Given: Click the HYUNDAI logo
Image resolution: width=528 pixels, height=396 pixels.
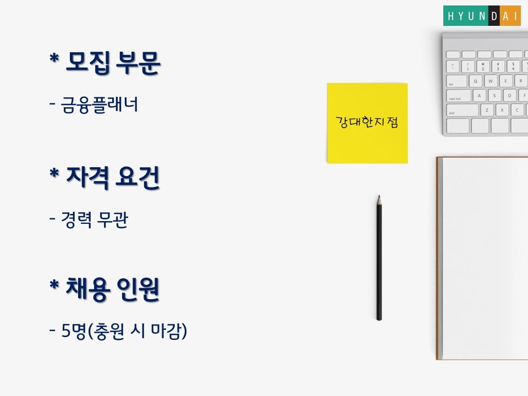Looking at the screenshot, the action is pyautogui.click(x=482, y=15).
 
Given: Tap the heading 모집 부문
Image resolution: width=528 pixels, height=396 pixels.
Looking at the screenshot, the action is pyautogui.click(x=113, y=63).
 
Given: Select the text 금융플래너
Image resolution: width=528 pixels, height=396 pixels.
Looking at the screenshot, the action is pyautogui.click(x=100, y=105).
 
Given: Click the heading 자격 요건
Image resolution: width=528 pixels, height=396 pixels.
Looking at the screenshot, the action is pyautogui.click(x=113, y=178).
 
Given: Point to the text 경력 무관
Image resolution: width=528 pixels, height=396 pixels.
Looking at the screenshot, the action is pyautogui.click(x=95, y=220).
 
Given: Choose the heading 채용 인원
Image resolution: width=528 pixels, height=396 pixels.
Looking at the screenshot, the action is pyautogui.click(x=113, y=289).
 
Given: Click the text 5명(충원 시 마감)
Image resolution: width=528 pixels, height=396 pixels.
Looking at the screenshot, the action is pyautogui.click(x=124, y=331).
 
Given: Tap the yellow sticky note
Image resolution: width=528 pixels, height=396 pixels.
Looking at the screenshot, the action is pyautogui.click(x=367, y=123).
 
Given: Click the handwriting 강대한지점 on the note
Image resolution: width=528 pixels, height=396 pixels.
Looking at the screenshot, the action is pyautogui.click(x=367, y=122).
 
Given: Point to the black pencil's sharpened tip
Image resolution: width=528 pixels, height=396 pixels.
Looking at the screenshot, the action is pyautogui.click(x=379, y=196).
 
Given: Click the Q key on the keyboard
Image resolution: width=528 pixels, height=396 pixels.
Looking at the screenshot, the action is pyautogui.click(x=475, y=81).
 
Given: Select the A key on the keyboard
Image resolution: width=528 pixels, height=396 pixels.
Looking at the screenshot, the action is pyautogui.click(x=479, y=96).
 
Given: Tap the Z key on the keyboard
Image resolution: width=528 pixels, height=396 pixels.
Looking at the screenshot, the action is pyautogui.click(x=487, y=110).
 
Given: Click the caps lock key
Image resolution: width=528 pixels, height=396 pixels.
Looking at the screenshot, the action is pyautogui.click(x=458, y=96).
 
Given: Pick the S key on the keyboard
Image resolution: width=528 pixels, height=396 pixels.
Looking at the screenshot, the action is pyautogui.click(x=494, y=96).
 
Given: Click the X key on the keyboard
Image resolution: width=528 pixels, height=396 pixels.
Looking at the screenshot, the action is pyautogui.click(x=502, y=110).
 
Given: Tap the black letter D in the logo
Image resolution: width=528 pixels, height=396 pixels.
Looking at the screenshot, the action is pyautogui.click(x=494, y=16).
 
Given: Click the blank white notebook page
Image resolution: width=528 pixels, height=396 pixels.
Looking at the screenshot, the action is pyautogui.click(x=485, y=258).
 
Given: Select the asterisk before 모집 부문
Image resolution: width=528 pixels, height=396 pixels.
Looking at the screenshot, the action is pyautogui.click(x=54, y=59).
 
